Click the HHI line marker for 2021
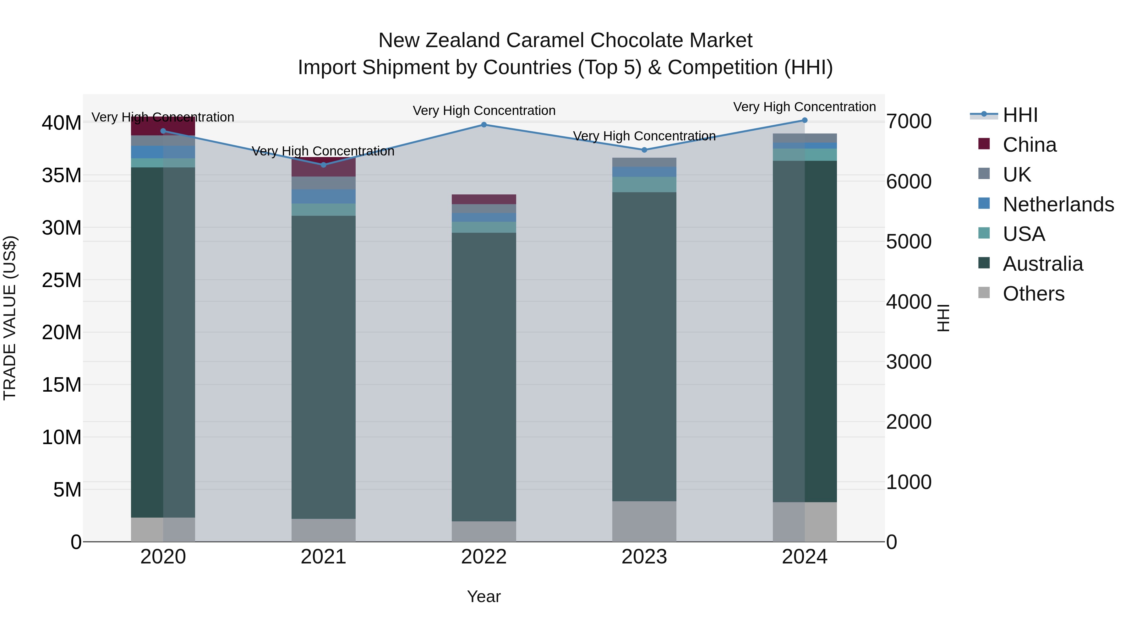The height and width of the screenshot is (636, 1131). [324, 165]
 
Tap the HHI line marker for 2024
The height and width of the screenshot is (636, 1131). [804, 120]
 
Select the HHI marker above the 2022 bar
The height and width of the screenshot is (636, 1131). [484, 125]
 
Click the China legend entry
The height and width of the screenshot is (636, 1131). [1029, 145]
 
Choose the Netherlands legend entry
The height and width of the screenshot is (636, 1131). [1058, 204]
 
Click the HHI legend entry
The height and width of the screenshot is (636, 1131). [1020, 115]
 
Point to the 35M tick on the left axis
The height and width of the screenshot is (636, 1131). [62, 176]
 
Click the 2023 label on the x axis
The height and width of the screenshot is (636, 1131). [644, 557]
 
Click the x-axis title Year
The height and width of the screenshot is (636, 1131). [484, 596]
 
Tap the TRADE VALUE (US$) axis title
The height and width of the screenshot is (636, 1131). [10, 318]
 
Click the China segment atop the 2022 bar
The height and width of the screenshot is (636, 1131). [484, 199]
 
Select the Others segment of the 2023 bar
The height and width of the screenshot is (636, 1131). [644, 521]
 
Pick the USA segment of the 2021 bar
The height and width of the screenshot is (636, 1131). [324, 209]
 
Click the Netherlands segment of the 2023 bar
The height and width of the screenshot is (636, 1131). [644, 171]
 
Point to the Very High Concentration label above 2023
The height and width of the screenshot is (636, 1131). [644, 136]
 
